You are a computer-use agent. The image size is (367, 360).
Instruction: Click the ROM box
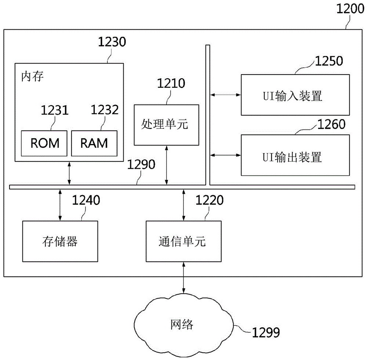44,143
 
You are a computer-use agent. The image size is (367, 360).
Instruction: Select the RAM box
94,143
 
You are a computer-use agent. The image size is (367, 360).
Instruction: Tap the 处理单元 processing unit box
166,125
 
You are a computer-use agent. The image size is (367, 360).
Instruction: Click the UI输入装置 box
295,95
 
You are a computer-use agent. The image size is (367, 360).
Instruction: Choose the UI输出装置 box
295,155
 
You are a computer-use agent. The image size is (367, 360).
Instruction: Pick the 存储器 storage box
60,241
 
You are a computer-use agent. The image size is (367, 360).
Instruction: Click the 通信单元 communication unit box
183,241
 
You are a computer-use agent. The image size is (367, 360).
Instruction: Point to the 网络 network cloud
183,325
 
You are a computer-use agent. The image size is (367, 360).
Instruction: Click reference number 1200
350,9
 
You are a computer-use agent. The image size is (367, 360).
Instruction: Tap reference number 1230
112,42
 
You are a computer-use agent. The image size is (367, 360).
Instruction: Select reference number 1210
171,83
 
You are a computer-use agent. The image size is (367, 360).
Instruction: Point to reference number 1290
141,164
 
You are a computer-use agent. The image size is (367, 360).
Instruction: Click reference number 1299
266,332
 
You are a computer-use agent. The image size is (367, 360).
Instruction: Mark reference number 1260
331,124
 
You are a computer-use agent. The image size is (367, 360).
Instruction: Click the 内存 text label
32,76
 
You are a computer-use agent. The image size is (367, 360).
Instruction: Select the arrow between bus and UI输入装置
225,95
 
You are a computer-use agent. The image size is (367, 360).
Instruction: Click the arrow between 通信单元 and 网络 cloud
184,277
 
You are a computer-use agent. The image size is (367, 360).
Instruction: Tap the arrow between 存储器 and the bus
60,205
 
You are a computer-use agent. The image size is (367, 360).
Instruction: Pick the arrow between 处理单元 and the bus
166,165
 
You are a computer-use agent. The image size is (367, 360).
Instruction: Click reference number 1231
55,110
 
